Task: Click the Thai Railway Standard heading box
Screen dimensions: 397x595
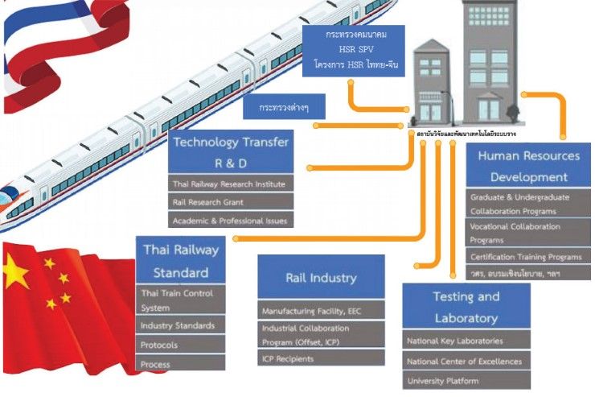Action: point(180,259)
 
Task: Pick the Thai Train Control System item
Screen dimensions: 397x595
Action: point(180,299)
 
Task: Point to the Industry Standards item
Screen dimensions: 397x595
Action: point(180,325)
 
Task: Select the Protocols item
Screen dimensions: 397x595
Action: point(180,345)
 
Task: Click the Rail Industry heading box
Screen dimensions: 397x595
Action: point(321,278)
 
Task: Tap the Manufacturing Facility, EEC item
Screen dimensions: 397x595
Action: point(321,310)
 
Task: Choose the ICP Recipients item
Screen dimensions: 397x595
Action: point(321,358)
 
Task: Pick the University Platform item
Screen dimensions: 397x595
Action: point(466,380)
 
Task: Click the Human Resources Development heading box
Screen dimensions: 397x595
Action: point(528,167)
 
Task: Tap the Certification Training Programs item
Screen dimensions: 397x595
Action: point(528,256)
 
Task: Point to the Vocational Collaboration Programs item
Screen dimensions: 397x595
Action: point(528,233)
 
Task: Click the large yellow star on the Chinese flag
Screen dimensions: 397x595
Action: point(15,273)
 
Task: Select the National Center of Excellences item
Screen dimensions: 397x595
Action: point(466,361)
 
